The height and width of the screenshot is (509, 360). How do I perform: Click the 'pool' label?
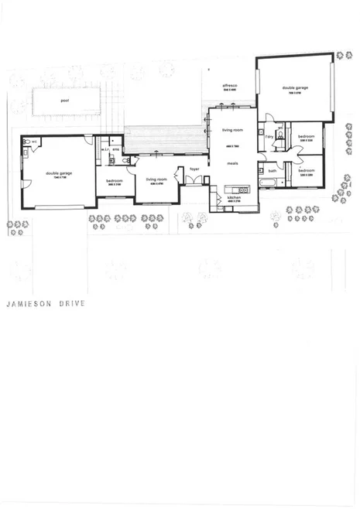64,100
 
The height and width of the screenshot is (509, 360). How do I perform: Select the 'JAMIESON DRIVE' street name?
45,304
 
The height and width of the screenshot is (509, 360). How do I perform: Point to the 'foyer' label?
194,168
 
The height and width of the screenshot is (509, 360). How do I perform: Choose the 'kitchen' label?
234,198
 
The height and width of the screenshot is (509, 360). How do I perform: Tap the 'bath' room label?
273,171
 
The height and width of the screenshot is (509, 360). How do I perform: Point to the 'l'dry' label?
269,137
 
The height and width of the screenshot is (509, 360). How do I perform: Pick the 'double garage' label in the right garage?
294,88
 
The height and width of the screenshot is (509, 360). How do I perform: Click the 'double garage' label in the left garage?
59,173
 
